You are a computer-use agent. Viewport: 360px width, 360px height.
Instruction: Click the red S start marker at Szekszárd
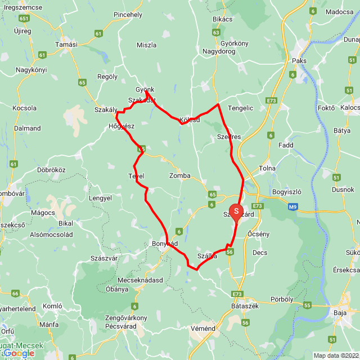[x=236, y=211]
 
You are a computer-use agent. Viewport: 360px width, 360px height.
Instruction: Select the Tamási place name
[x=66, y=44]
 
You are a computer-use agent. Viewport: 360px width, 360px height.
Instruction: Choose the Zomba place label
[x=180, y=175]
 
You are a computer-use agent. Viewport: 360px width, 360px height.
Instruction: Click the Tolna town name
[x=266, y=168]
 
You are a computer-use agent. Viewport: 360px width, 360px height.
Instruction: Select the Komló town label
[x=52, y=306]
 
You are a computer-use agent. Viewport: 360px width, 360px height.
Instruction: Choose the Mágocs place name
[x=43, y=212]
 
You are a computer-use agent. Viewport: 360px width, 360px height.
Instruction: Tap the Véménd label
[x=202, y=328]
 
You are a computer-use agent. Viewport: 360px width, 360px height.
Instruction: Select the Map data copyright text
[x=335, y=355]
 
